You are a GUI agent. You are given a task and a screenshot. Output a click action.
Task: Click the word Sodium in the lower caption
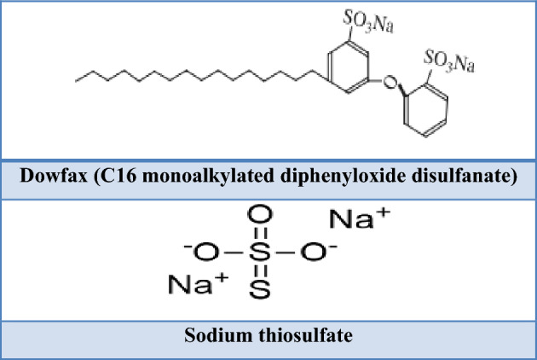click(x=213, y=333)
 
